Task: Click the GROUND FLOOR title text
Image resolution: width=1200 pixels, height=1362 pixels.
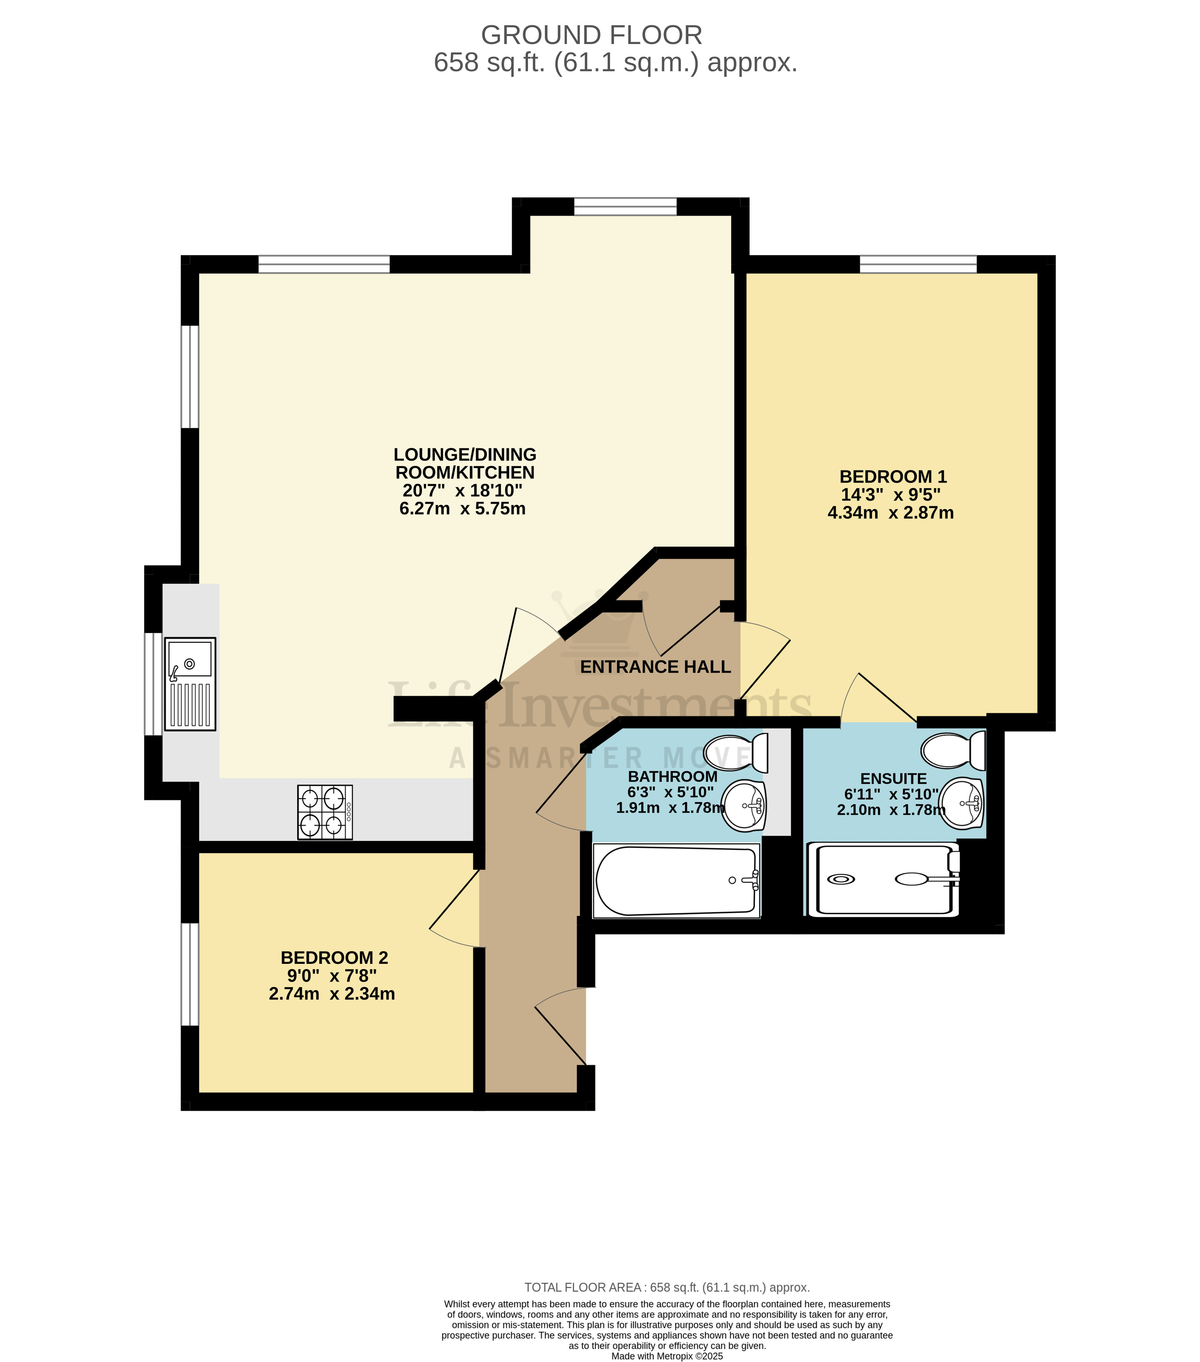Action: pos(591,35)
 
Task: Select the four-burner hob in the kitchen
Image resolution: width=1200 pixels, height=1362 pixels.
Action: pos(324,811)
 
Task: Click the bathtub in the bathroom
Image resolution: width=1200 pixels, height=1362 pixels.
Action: pos(676,880)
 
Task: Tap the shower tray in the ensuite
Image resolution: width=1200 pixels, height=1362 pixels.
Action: pos(883,879)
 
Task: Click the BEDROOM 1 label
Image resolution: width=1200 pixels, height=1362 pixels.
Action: pos(892,477)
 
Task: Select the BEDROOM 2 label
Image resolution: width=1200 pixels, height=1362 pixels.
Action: pos(334,957)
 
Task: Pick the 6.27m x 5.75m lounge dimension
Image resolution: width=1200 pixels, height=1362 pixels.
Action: pos(462,509)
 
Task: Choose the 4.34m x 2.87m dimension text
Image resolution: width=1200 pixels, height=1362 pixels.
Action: pos(890,513)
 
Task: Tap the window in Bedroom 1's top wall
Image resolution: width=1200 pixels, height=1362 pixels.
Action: pos(918,264)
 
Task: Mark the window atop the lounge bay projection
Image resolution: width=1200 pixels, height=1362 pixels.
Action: pos(625,206)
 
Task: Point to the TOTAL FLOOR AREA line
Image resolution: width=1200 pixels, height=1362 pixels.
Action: pos(666,1287)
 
